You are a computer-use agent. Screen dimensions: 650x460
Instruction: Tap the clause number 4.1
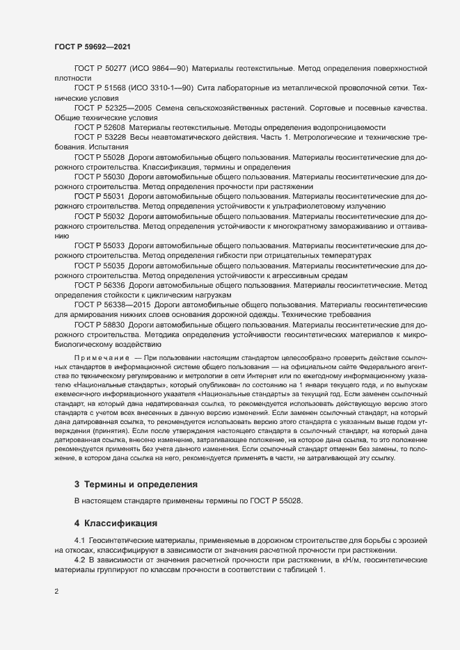pos(80,540)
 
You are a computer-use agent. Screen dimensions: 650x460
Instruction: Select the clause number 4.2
pos(80,560)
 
